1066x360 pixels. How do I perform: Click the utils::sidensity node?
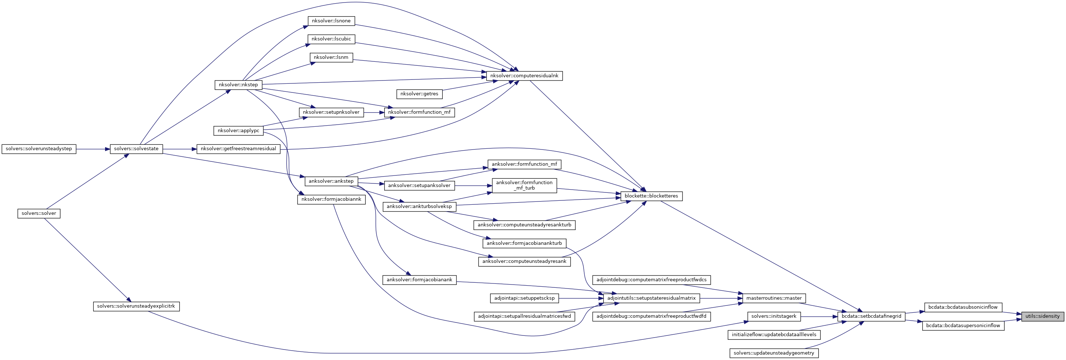pyautogui.click(x=1042, y=316)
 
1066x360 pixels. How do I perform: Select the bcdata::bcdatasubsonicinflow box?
pyautogui.click(x=963, y=307)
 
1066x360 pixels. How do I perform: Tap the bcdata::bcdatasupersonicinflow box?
pyautogui.click(x=963, y=326)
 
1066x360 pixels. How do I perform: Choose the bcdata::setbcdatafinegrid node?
pyautogui.click(x=871, y=316)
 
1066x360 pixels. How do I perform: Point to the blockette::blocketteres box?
pyautogui.click(x=651, y=196)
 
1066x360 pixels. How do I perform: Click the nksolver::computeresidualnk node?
pyautogui.click(x=524, y=76)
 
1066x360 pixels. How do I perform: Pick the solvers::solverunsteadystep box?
pyautogui.click(x=39, y=148)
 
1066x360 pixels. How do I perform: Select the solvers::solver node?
pyautogui.click(x=39, y=213)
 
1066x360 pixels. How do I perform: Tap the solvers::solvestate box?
pyautogui.click(x=136, y=148)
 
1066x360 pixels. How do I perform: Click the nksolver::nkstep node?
pyautogui.click(x=238, y=85)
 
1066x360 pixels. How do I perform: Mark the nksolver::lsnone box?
pyautogui.click(x=331, y=21)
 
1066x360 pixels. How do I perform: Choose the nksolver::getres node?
pyautogui.click(x=419, y=94)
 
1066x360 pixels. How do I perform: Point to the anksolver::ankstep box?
pyautogui.click(x=331, y=181)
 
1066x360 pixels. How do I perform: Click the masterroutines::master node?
pyautogui.click(x=773, y=298)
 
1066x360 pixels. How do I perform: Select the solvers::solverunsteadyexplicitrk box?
pyautogui.click(x=136, y=307)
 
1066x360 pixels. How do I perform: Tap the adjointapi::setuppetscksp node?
pyautogui.click(x=524, y=298)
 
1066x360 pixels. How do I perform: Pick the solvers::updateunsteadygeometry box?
pyautogui.click(x=773, y=353)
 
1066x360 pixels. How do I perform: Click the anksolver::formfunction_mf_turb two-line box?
pyautogui.click(x=524, y=185)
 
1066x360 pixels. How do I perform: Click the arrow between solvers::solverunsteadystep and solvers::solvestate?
pyautogui.click(x=93, y=148)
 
